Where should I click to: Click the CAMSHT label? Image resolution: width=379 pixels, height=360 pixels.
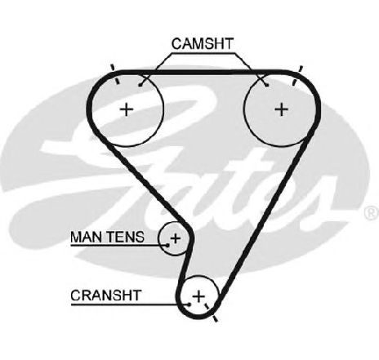tap(203, 43)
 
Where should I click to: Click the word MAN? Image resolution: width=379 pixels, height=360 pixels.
tap(84, 237)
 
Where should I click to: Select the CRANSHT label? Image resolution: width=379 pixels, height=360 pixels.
tap(106, 296)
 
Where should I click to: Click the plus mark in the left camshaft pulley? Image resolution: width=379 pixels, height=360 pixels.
tap(127, 109)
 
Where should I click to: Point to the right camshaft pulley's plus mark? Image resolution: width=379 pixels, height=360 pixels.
tap(282, 109)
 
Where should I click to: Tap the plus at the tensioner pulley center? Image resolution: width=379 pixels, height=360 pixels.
tap(176, 238)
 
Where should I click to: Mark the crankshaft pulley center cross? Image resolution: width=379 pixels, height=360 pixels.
tap(198, 296)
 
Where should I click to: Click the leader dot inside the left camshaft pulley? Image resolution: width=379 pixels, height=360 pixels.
tap(140, 86)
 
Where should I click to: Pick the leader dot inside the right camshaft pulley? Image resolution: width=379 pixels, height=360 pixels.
tap(267, 86)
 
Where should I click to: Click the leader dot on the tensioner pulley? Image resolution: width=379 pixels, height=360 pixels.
tap(167, 245)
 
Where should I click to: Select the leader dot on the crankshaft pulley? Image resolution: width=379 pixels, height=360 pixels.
tap(189, 304)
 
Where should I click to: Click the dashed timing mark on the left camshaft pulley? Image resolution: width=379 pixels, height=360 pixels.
tap(114, 74)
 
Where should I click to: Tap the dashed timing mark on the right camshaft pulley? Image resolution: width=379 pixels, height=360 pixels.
tap(297, 75)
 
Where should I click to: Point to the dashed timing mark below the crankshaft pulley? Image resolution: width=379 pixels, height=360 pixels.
tap(212, 312)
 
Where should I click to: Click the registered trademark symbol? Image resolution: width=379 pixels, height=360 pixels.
tap(372, 213)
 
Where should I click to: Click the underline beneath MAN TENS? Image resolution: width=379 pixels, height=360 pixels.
tap(119, 246)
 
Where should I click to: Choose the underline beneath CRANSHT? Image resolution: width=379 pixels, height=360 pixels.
tap(130, 304)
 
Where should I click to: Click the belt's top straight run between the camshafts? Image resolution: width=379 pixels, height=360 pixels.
tap(203, 73)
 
